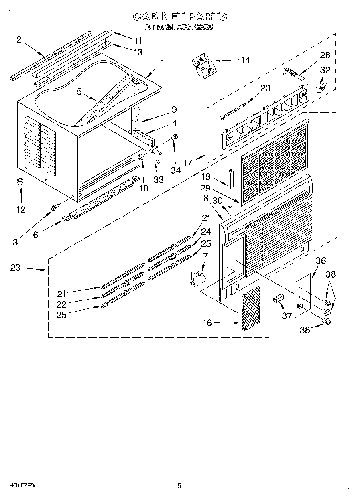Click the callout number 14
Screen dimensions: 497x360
tap(245, 60)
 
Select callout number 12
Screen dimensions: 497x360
tap(20, 209)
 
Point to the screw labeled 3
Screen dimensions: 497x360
tap(53, 207)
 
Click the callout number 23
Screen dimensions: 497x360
tap(15, 268)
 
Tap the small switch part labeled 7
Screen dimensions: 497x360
tap(196, 278)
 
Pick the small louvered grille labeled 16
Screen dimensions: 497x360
tap(251, 308)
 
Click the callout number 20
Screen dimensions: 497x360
tap(265, 88)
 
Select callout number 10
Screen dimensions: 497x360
tap(143, 188)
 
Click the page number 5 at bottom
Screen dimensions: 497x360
tap(179, 486)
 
